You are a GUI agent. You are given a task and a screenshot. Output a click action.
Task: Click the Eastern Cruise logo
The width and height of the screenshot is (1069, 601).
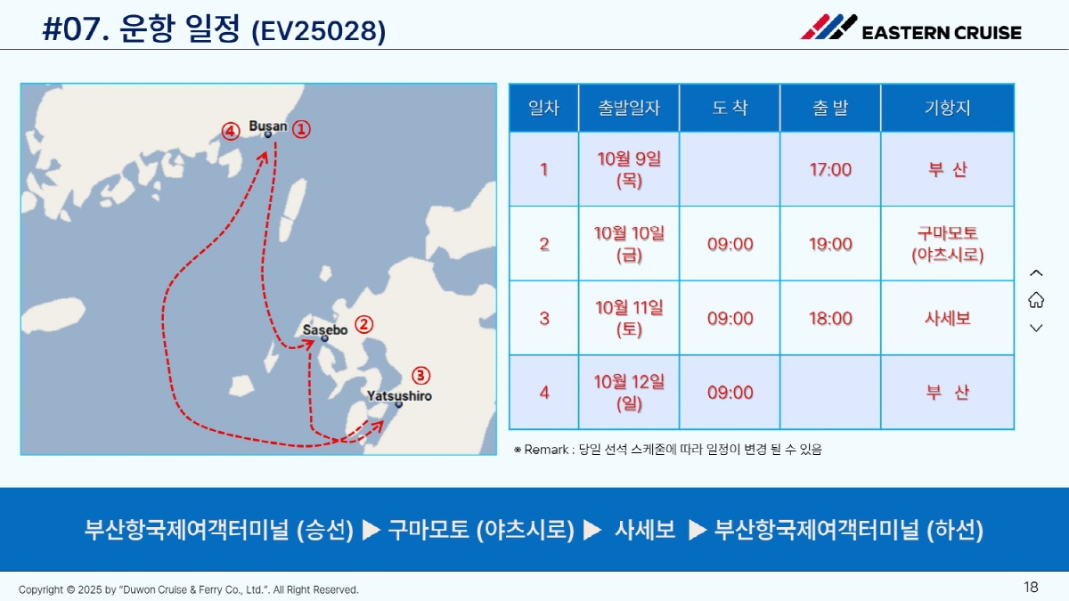[910, 28]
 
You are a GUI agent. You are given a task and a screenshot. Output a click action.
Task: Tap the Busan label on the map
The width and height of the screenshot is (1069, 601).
[268, 126]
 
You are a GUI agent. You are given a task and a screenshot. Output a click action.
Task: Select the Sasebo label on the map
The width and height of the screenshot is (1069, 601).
[325, 329]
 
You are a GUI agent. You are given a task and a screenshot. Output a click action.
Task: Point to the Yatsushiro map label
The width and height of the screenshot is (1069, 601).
[399, 396]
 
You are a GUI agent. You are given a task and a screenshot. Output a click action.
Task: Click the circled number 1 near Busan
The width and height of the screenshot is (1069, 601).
[301, 129]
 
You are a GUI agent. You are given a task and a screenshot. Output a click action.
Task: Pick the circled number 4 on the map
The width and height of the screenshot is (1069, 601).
[231, 131]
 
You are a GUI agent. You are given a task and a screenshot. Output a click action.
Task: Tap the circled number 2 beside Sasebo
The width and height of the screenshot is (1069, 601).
[364, 325]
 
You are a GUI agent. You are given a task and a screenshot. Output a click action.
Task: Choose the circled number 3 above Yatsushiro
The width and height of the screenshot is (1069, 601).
[420, 376]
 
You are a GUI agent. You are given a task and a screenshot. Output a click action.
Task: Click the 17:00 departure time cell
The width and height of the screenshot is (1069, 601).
[830, 169]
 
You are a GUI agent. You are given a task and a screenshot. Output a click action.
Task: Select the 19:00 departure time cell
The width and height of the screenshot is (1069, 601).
[830, 244]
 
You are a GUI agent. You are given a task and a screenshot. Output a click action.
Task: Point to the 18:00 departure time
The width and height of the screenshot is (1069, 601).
[830, 318]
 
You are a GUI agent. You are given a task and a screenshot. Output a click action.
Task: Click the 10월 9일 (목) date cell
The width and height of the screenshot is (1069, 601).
[629, 169]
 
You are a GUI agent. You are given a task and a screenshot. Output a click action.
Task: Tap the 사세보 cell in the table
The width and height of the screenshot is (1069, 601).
[947, 318]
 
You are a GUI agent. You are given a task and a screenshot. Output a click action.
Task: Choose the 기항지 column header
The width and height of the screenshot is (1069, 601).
[947, 108]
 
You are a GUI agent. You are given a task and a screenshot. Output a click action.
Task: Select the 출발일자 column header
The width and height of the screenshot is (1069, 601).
[629, 108]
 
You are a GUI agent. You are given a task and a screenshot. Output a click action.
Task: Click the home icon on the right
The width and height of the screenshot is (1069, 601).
[1036, 300]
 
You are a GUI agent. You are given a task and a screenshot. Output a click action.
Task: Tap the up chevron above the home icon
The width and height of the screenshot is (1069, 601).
[1036, 273]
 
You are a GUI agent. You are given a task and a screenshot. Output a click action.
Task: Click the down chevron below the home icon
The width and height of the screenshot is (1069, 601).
[1036, 329]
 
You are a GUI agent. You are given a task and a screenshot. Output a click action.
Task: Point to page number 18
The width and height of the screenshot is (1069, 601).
[1031, 587]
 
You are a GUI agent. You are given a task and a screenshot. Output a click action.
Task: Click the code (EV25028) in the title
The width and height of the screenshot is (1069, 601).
[318, 31]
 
